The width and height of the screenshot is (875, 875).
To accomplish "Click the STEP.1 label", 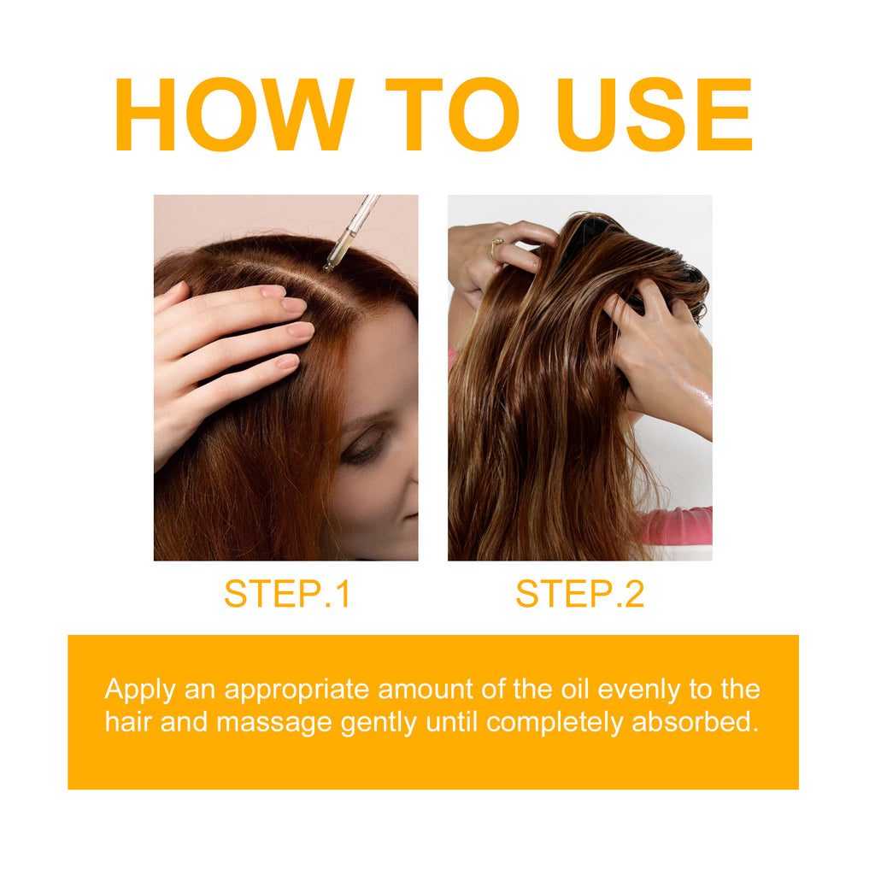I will (x=287, y=595).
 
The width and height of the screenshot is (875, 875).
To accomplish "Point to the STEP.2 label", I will (x=579, y=595).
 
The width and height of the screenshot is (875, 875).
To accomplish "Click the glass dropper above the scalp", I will (x=351, y=232).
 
